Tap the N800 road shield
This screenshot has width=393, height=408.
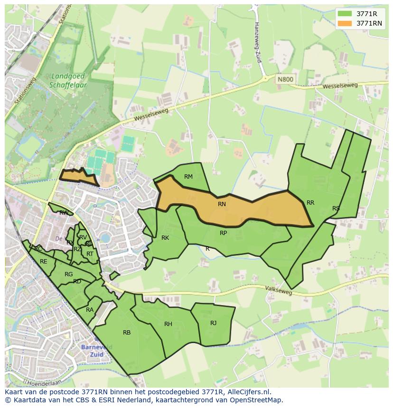coord(285,80)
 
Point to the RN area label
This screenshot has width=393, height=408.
coord(222,204)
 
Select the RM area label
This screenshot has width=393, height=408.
coord(188,177)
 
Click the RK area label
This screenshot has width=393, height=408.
coord(165,238)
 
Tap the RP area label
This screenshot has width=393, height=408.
coord(223,233)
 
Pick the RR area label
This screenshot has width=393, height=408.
coord(310,203)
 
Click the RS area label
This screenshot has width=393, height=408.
coord(336,209)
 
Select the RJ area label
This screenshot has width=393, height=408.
coord(214,323)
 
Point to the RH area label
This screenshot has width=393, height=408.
coord(168,324)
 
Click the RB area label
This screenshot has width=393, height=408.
coord(127,333)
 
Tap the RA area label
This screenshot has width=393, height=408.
coord(90,310)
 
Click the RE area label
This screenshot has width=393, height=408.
coord(44,262)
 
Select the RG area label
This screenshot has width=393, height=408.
coord(69,274)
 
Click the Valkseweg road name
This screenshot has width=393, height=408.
coord(279,290)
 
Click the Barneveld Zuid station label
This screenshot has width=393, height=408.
coord(96,351)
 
